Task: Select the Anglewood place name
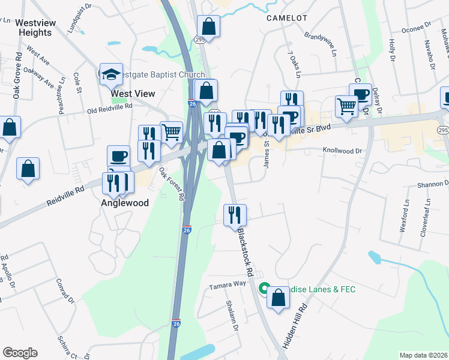124,203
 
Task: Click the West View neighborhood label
133,94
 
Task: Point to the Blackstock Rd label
247,251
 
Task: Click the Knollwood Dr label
343,151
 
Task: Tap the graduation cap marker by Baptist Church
111,74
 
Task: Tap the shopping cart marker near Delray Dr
346,106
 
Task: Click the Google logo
20,353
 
